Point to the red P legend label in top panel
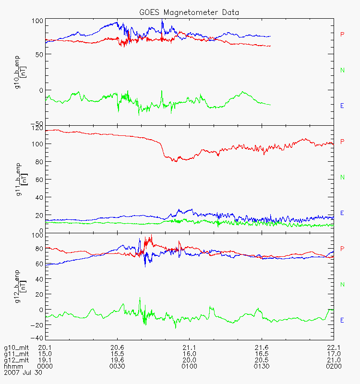[342, 35]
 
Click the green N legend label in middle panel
[342, 178]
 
